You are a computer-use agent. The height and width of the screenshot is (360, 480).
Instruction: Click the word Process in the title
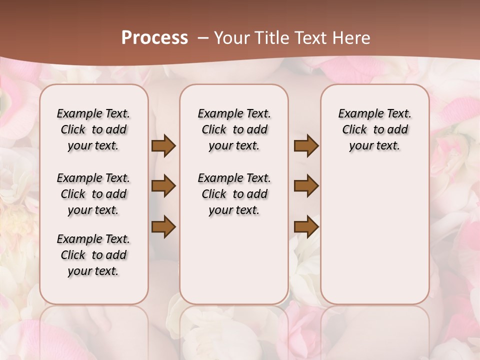pos(154,38)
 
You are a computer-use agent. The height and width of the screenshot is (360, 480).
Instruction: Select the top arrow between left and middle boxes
pos(163,146)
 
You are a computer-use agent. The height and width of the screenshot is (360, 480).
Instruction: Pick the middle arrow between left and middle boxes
pos(163,186)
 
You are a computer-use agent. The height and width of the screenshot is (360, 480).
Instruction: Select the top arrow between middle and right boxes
pos(306,146)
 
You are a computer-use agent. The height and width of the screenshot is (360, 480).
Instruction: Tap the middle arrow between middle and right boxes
pos(306,186)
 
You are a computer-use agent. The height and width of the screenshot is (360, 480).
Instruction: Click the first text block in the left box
pos(93,129)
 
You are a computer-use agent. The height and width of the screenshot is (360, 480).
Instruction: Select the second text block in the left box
pos(93,194)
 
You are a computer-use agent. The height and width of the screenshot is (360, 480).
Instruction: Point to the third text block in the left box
pos(93,255)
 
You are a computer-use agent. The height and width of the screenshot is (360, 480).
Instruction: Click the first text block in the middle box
pos(234,129)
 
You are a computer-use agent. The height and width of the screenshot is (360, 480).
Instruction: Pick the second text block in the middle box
pos(234,194)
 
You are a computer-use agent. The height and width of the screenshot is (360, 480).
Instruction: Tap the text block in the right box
pos(374,129)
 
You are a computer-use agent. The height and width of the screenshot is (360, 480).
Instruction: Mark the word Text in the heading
pos(309,38)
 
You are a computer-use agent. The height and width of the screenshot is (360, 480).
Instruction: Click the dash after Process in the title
pos(203,38)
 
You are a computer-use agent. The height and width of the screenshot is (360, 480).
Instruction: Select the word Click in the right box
pos(354,130)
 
